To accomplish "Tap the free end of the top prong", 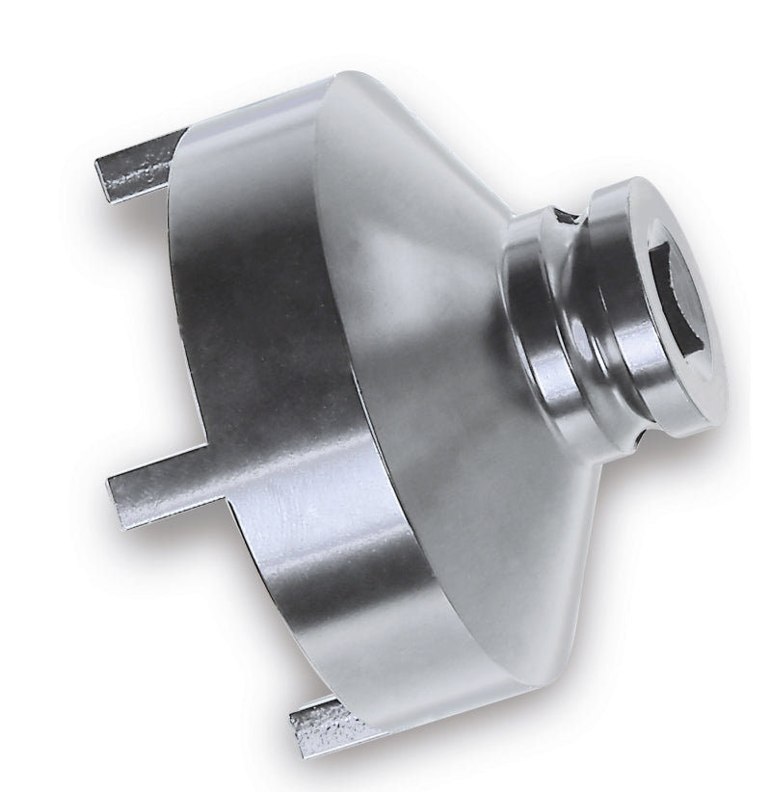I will (x=103, y=178).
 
